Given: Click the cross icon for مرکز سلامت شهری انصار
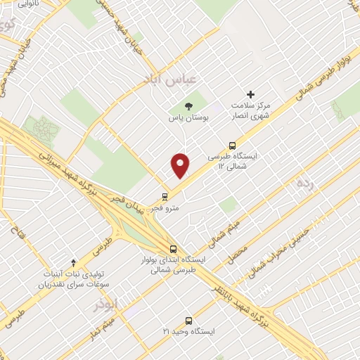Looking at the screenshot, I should [x=250, y=94].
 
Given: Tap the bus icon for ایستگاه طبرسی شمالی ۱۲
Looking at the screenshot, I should [x=233, y=144].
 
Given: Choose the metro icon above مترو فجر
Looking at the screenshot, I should [x=165, y=196].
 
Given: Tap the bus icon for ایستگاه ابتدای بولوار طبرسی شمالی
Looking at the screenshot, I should [x=174, y=249].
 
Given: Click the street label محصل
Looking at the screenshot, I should [x=237, y=253].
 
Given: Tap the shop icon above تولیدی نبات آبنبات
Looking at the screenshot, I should [x=73, y=262].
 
